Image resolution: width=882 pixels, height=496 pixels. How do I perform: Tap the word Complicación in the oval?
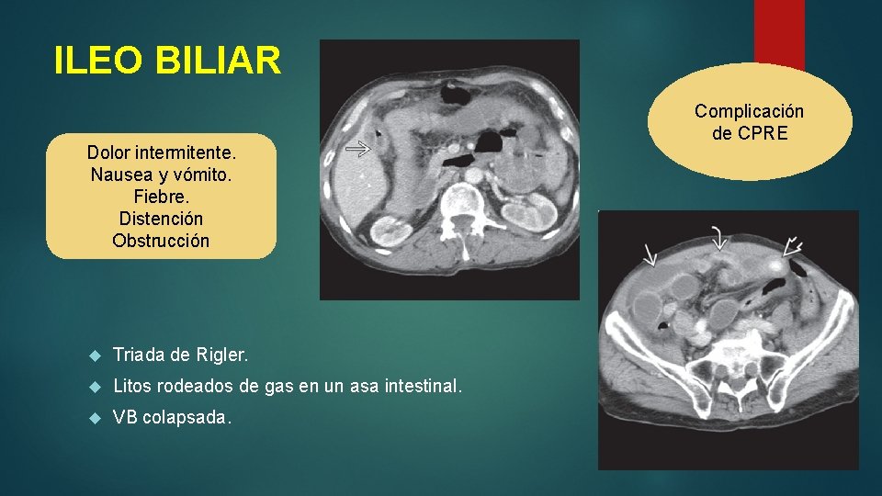749,111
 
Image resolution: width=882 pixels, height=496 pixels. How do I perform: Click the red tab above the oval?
779,32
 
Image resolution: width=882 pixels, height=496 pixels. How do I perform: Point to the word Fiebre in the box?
161,197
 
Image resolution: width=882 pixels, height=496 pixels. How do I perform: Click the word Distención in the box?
161,219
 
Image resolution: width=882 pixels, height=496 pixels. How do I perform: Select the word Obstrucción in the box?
161,241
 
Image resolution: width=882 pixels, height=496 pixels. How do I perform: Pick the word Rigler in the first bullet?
221,355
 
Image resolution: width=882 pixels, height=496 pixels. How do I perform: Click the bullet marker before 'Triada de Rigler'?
94,355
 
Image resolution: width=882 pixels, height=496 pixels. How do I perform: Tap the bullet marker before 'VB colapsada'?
94,417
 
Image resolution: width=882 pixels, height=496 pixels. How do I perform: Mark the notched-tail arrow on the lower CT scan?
792,246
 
